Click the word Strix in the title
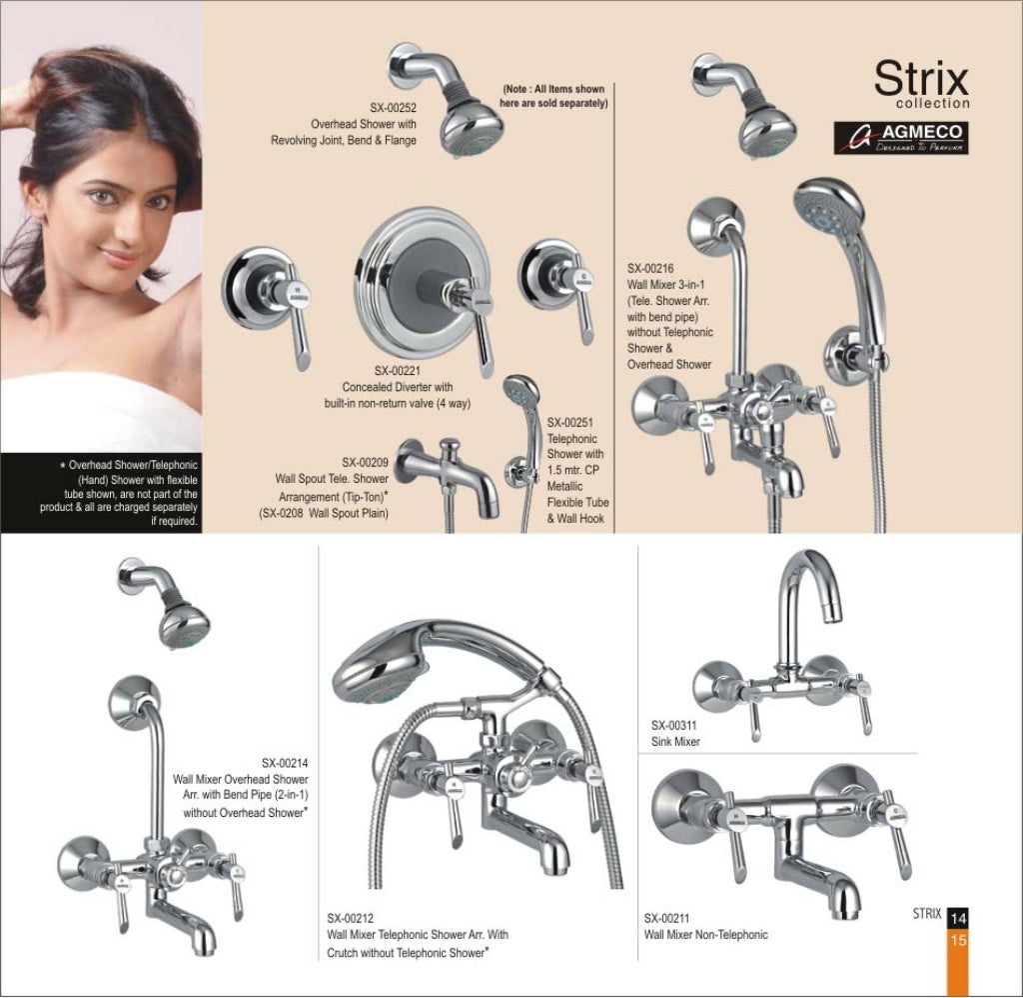tap(921, 78)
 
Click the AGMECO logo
tap(901, 138)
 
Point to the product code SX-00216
tap(651, 268)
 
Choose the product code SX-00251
tap(572, 422)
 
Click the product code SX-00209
tap(366, 462)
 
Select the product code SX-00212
tap(351, 916)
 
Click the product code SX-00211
tap(668, 917)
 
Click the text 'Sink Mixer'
tap(675, 742)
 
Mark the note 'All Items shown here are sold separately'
tap(554, 96)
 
